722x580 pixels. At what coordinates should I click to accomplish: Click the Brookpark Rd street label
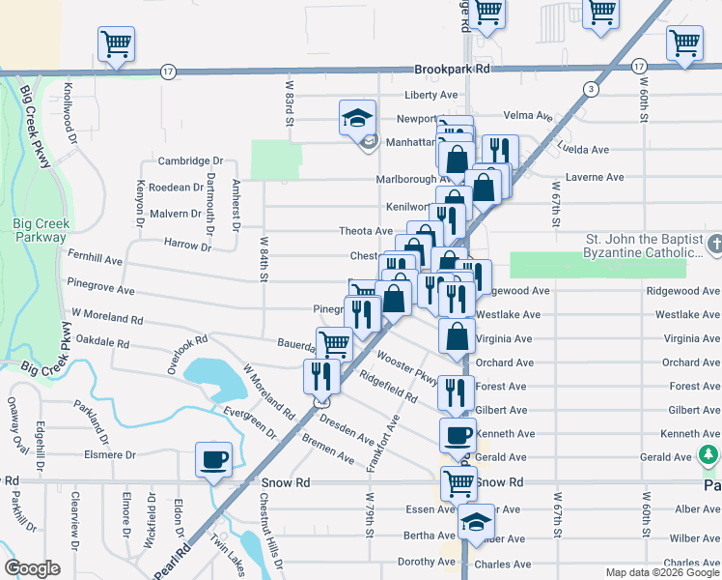tap(452, 70)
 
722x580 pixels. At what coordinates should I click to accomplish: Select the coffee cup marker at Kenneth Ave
tap(457, 435)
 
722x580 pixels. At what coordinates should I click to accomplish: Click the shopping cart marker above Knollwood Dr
tap(116, 43)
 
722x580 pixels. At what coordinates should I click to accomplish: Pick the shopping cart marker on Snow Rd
tap(458, 482)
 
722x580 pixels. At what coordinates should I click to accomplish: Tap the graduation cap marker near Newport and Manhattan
tap(357, 119)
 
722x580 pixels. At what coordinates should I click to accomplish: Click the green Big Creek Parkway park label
tap(41, 230)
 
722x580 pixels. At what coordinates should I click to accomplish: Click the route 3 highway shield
tap(588, 90)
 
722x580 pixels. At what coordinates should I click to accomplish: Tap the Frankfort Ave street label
tap(381, 444)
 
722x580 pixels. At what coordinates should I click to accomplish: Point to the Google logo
tap(33, 568)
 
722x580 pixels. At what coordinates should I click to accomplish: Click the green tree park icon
tap(709, 454)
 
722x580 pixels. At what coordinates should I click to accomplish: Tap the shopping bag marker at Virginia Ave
tap(457, 337)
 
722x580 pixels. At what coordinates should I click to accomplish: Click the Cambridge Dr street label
tap(190, 161)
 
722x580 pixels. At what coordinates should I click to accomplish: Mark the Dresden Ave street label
tap(346, 432)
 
